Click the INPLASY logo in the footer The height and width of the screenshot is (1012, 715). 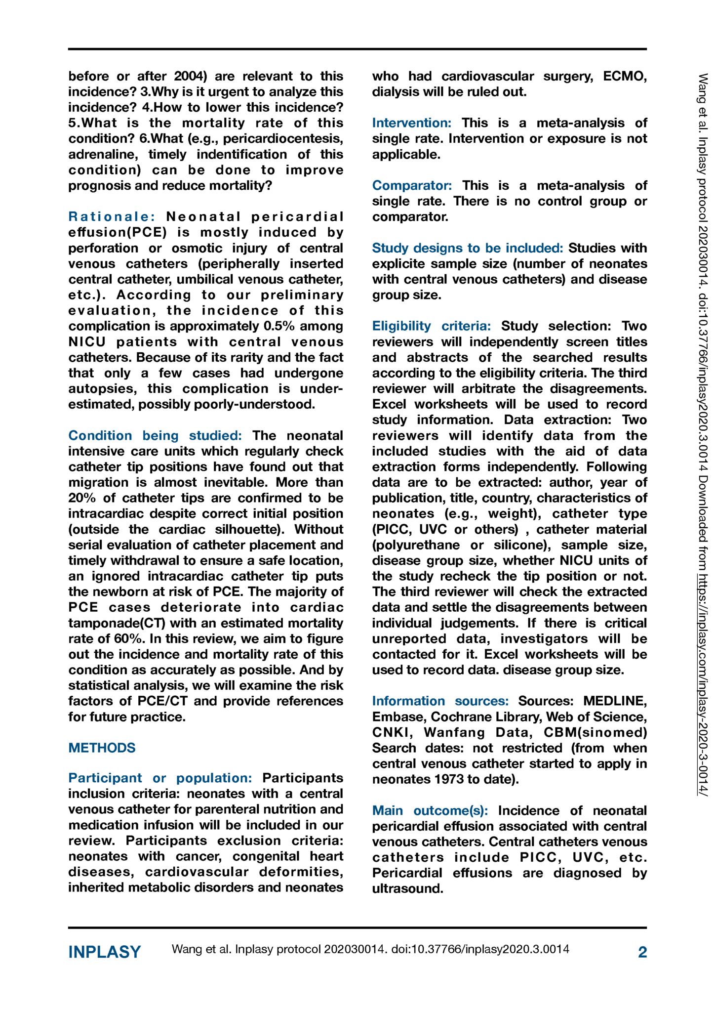coord(104,952)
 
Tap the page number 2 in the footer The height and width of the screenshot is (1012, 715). coord(642,952)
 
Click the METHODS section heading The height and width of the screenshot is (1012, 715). coord(102,748)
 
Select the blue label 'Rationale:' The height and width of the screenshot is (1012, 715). coord(112,216)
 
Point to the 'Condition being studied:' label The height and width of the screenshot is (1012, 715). coord(155,435)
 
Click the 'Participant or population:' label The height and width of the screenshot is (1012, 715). coord(160,778)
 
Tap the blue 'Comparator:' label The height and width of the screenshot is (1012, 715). coord(412,185)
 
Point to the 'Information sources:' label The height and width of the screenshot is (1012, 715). coord(440,701)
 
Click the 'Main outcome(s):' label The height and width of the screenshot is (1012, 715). coord(430,810)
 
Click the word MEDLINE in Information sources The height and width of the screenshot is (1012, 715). coord(615,701)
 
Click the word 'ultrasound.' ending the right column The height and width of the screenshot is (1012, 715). coord(407,888)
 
